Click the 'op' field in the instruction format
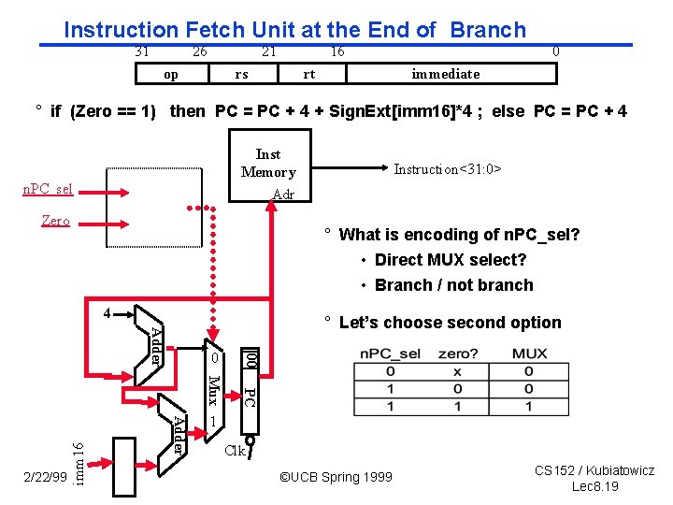(x=171, y=74)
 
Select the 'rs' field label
(x=241, y=74)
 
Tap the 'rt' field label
(x=309, y=74)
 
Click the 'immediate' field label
(x=446, y=74)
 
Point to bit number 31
(x=142, y=51)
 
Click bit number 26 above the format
(x=199, y=51)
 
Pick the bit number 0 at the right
(x=556, y=51)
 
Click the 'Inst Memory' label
(x=268, y=163)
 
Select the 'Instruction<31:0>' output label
(x=448, y=169)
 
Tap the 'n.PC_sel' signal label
(x=48, y=190)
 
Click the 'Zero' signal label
(x=55, y=222)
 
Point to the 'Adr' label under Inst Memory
(x=283, y=195)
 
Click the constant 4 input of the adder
(x=107, y=312)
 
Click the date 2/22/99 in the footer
(x=45, y=478)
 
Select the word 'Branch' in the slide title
(x=488, y=30)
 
